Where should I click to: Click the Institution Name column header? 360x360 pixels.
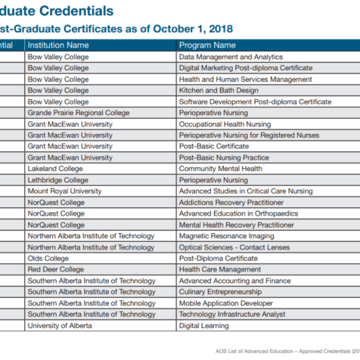point(58,45)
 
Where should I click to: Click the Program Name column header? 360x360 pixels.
point(207,45)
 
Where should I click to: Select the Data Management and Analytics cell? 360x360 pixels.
point(231,57)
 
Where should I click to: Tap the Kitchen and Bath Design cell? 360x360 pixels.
point(219,91)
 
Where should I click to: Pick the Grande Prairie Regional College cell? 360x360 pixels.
point(79,113)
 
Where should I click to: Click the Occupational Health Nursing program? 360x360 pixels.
point(225,124)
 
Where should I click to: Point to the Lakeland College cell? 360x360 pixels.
point(55,169)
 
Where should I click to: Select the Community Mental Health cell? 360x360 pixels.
point(221,169)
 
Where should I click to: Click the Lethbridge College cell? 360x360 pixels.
point(58,180)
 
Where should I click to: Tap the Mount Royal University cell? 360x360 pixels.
point(64,191)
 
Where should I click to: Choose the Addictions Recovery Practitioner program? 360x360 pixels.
point(231,203)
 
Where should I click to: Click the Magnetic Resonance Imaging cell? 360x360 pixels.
point(226,236)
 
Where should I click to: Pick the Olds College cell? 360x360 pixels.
point(48,259)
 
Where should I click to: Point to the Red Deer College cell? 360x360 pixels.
point(56,269)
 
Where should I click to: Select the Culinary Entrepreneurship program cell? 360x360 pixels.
point(220,292)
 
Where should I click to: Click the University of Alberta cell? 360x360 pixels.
point(60,326)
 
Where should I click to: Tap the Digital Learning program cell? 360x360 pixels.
point(203,326)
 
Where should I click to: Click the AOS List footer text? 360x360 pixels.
point(287,351)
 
